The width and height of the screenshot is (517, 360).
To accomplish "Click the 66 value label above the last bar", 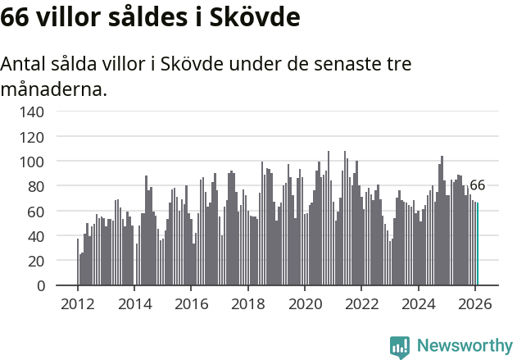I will [477, 185].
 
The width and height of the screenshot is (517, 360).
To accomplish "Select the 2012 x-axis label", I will [78, 303].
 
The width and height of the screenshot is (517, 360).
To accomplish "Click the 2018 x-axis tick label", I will [248, 303].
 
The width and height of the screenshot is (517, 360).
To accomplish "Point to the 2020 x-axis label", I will [305, 303].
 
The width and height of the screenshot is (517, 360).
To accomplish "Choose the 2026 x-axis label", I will [475, 303].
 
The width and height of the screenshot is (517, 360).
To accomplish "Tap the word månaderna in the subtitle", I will [54, 89].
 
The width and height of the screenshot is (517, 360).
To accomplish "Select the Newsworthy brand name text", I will [464, 346].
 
